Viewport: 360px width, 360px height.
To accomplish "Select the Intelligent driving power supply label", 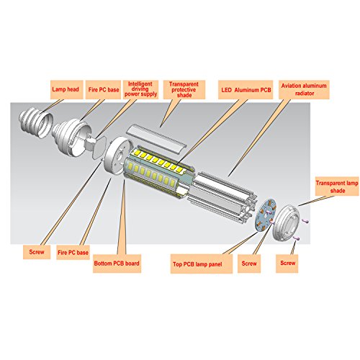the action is (140, 89).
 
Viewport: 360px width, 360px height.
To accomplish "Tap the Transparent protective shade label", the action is (184, 89).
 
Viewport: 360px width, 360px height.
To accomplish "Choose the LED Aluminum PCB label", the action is (246, 90).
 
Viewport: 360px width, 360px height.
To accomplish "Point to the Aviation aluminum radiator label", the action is (304, 89).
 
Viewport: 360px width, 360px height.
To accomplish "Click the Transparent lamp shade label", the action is (337, 186).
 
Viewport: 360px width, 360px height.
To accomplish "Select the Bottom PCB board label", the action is (117, 264).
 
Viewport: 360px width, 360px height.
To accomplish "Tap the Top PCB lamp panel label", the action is (202, 264).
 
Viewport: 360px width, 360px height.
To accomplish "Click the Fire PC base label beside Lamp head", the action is (103, 90).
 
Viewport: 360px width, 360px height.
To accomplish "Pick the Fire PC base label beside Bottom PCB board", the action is (73, 252).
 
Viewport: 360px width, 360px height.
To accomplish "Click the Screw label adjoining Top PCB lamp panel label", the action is (249, 264).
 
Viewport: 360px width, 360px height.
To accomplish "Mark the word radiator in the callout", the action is (305, 94).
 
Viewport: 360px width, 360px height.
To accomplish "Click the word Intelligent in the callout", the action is (140, 84).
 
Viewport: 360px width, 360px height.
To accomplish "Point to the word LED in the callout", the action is (226, 90).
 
